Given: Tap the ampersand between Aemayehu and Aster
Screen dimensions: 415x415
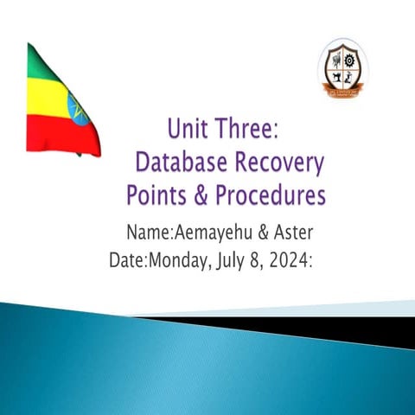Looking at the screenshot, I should point(254,233).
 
